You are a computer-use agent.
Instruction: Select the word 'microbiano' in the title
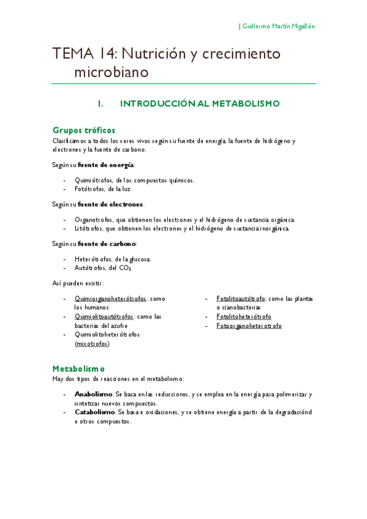(112, 72)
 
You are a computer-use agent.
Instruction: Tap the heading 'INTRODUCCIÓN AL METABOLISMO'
(200, 104)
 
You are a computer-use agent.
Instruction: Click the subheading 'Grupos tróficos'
(84, 130)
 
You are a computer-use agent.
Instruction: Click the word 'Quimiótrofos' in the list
(93, 181)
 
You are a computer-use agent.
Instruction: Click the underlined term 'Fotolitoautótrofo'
(241, 299)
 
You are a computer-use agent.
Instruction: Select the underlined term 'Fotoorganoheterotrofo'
(249, 326)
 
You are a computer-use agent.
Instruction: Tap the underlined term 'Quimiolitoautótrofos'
(104, 317)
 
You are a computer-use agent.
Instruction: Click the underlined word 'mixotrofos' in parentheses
(92, 344)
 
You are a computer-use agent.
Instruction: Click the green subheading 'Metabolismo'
(78, 369)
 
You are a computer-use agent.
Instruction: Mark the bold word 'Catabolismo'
(94, 413)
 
